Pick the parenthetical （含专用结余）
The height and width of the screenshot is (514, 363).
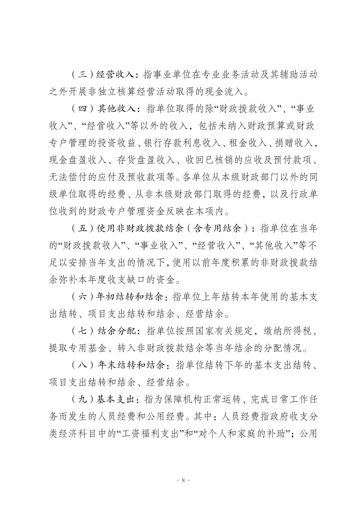[221, 229]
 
